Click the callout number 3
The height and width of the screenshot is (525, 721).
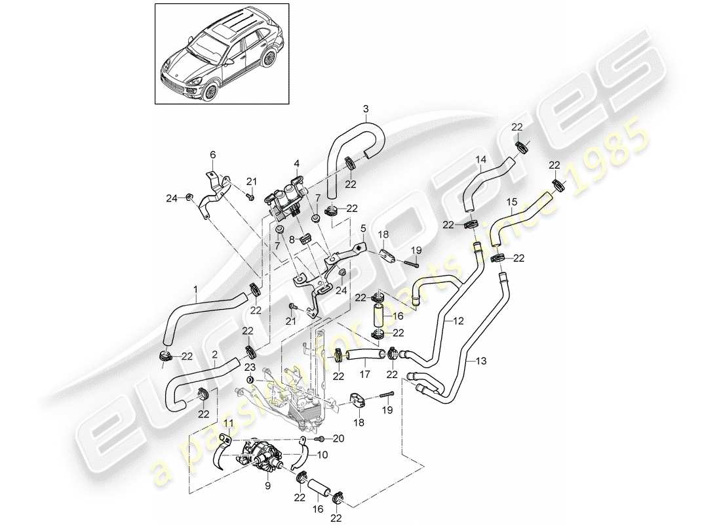366,108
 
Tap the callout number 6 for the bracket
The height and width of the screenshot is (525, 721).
212,155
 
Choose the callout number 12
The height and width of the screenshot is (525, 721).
458,321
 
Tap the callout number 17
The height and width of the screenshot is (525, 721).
365,376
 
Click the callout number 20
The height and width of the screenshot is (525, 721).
338,439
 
